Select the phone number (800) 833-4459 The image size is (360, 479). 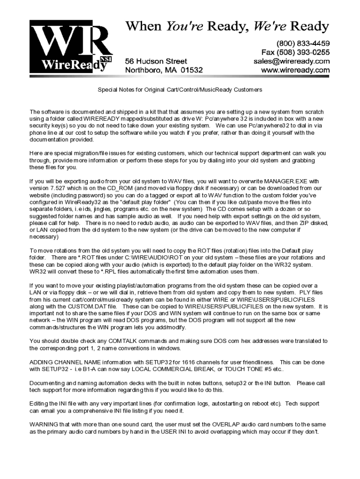click(x=302, y=43)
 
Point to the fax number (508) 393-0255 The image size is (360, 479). click(x=295, y=52)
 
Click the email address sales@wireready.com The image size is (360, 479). click(x=292, y=61)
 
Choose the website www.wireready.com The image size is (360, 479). click(x=295, y=70)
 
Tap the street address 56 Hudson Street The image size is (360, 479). click(x=156, y=61)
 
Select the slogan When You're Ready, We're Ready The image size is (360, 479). click(x=227, y=26)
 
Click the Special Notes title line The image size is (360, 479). click(x=180, y=89)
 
